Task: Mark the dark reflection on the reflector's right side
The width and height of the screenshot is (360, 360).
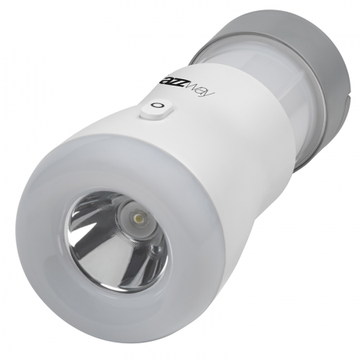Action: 152,256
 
